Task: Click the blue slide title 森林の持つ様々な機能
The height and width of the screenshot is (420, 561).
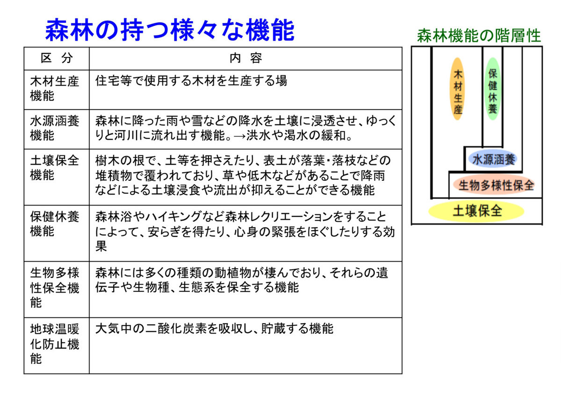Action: click(x=170, y=30)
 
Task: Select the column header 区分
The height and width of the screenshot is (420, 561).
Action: click(x=57, y=58)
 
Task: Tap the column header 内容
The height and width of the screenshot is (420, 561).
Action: click(x=245, y=58)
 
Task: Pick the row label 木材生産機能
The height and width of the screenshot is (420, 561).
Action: click(x=54, y=89)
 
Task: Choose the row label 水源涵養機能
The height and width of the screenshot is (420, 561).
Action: click(x=54, y=128)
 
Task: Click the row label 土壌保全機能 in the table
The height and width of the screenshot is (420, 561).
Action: click(x=54, y=168)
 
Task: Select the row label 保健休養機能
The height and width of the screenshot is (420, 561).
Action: click(x=54, y=224)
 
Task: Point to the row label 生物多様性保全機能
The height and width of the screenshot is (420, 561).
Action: click(x=54, y=287)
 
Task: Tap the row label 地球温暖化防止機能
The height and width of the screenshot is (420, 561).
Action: click(x=54, y=344)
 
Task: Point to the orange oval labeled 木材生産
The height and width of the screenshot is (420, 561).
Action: click(x=457, y=89)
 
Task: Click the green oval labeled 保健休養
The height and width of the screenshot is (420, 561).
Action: click(x=492, y=89)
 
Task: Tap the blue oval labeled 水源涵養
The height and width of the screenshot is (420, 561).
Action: click(x=492, y=159)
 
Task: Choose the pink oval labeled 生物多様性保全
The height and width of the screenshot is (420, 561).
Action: click(x=494, y=185)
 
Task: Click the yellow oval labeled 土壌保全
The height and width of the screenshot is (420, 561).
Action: click(x=476, y=211)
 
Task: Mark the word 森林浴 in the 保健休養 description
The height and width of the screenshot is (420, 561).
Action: click(x=114, y=216)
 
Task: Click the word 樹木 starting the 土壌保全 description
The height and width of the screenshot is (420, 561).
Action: click(x=108, y=160)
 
